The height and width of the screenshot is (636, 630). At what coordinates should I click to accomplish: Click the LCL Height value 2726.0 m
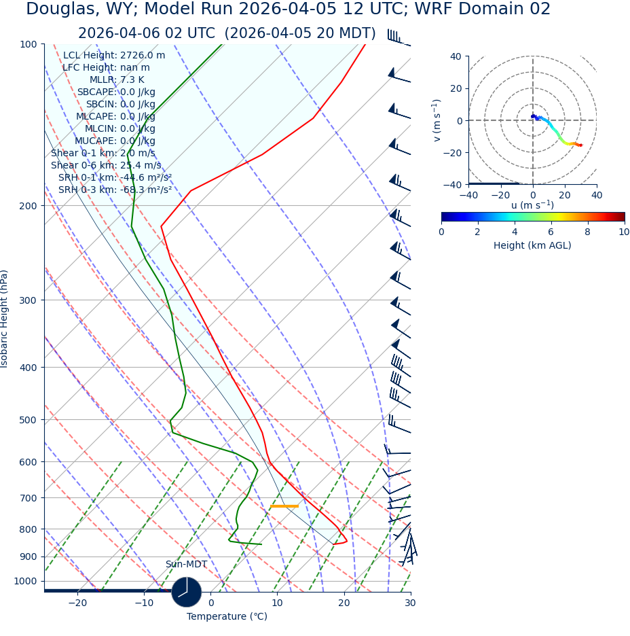(143, 56)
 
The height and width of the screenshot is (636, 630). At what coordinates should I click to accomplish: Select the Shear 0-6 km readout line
(106, 165)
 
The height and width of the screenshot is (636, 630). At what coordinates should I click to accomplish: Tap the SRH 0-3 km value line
(115, 190)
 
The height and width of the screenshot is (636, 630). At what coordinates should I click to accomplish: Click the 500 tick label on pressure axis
(28, 420)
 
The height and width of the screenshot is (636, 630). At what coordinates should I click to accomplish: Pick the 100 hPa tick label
(28, 44)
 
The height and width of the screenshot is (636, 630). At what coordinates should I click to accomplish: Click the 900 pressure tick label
(28, 556)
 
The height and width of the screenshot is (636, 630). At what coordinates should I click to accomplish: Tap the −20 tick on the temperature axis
(77, 603)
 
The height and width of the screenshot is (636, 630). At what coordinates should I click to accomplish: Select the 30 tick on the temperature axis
(410, 603)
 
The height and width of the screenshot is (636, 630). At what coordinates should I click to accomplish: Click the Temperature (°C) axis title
(227, 617)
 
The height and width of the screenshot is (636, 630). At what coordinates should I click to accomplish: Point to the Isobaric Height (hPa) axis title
(5, 319)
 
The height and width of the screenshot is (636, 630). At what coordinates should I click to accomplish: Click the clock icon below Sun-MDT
(186, 592)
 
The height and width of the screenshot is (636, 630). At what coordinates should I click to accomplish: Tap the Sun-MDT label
(186, 565)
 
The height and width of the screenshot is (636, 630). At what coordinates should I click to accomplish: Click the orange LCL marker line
(284, 506)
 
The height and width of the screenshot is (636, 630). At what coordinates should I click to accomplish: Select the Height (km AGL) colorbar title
(532, 245)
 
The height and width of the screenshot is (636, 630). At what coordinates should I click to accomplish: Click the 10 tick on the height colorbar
(624, 232)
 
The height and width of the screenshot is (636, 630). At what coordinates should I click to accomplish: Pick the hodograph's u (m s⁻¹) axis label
(532, 205)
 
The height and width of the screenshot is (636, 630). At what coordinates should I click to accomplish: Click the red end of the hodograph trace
(580, 145)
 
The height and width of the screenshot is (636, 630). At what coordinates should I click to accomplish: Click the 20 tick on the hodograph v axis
(456, 88)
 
